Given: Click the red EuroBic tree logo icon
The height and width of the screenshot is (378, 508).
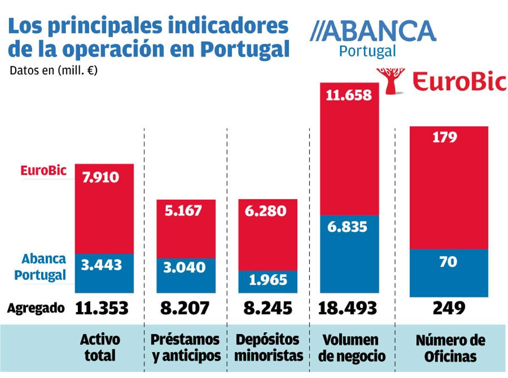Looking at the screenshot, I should tap(390, 80).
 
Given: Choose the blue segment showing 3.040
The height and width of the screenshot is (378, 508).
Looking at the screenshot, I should tap(186, 275).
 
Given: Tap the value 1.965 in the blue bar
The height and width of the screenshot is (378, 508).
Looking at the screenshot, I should tap(268, 280).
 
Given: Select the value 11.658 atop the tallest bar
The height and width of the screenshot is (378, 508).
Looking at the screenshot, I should tap(349, 95).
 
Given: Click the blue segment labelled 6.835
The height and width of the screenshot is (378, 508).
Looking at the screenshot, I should tap(349, 254).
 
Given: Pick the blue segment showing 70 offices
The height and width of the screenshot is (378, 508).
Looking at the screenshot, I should tap(449, 273).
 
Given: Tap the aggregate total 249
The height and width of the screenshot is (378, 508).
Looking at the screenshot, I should tap(449, 308).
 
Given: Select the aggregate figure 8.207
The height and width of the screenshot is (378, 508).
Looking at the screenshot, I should tap(185, 308).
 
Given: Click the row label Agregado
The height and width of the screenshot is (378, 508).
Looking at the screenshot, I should tap(36, 308).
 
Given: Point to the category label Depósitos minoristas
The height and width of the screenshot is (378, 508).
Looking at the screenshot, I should tap(268, 348).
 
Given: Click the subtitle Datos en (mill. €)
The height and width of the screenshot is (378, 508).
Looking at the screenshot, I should tap(53, 70).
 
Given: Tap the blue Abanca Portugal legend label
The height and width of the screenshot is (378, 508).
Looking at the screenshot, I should tap(40, 267).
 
